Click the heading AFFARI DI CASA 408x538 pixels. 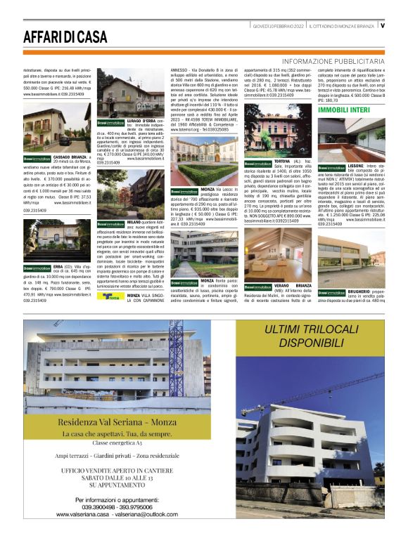click(x=65, y=37)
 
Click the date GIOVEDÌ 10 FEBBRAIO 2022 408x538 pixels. click(x=279, y=25)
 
